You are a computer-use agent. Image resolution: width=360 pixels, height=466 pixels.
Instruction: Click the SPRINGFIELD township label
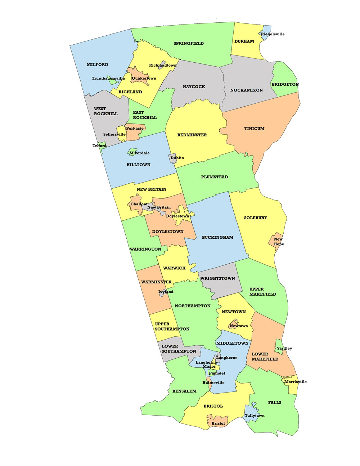point(189,44)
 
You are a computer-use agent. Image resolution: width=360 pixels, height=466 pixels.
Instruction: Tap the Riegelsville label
point(273,34)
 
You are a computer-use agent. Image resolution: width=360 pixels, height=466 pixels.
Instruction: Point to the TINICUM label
point(254,129)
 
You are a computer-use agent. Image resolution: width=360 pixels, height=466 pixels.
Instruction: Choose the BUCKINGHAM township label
point(217,238)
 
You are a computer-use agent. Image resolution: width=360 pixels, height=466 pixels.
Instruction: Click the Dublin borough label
point(177,158)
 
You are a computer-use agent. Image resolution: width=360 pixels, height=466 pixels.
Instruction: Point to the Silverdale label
point(139,153)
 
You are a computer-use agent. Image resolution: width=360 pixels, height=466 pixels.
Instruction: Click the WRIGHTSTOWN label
point(217,278)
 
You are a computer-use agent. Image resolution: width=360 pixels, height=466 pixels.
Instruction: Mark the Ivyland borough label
point(166,292)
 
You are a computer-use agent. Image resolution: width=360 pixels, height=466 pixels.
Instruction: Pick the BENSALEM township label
point(184,391)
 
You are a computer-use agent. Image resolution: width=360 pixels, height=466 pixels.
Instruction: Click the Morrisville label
point(296,382)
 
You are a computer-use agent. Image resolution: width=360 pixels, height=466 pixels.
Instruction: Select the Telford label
point(99,146)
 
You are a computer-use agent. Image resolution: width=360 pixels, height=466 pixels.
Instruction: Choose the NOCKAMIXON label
point(247,90)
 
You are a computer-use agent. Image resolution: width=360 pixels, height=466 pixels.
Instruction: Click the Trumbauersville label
point(108,79)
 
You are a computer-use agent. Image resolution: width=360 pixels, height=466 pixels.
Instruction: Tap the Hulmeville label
point(213,383)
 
